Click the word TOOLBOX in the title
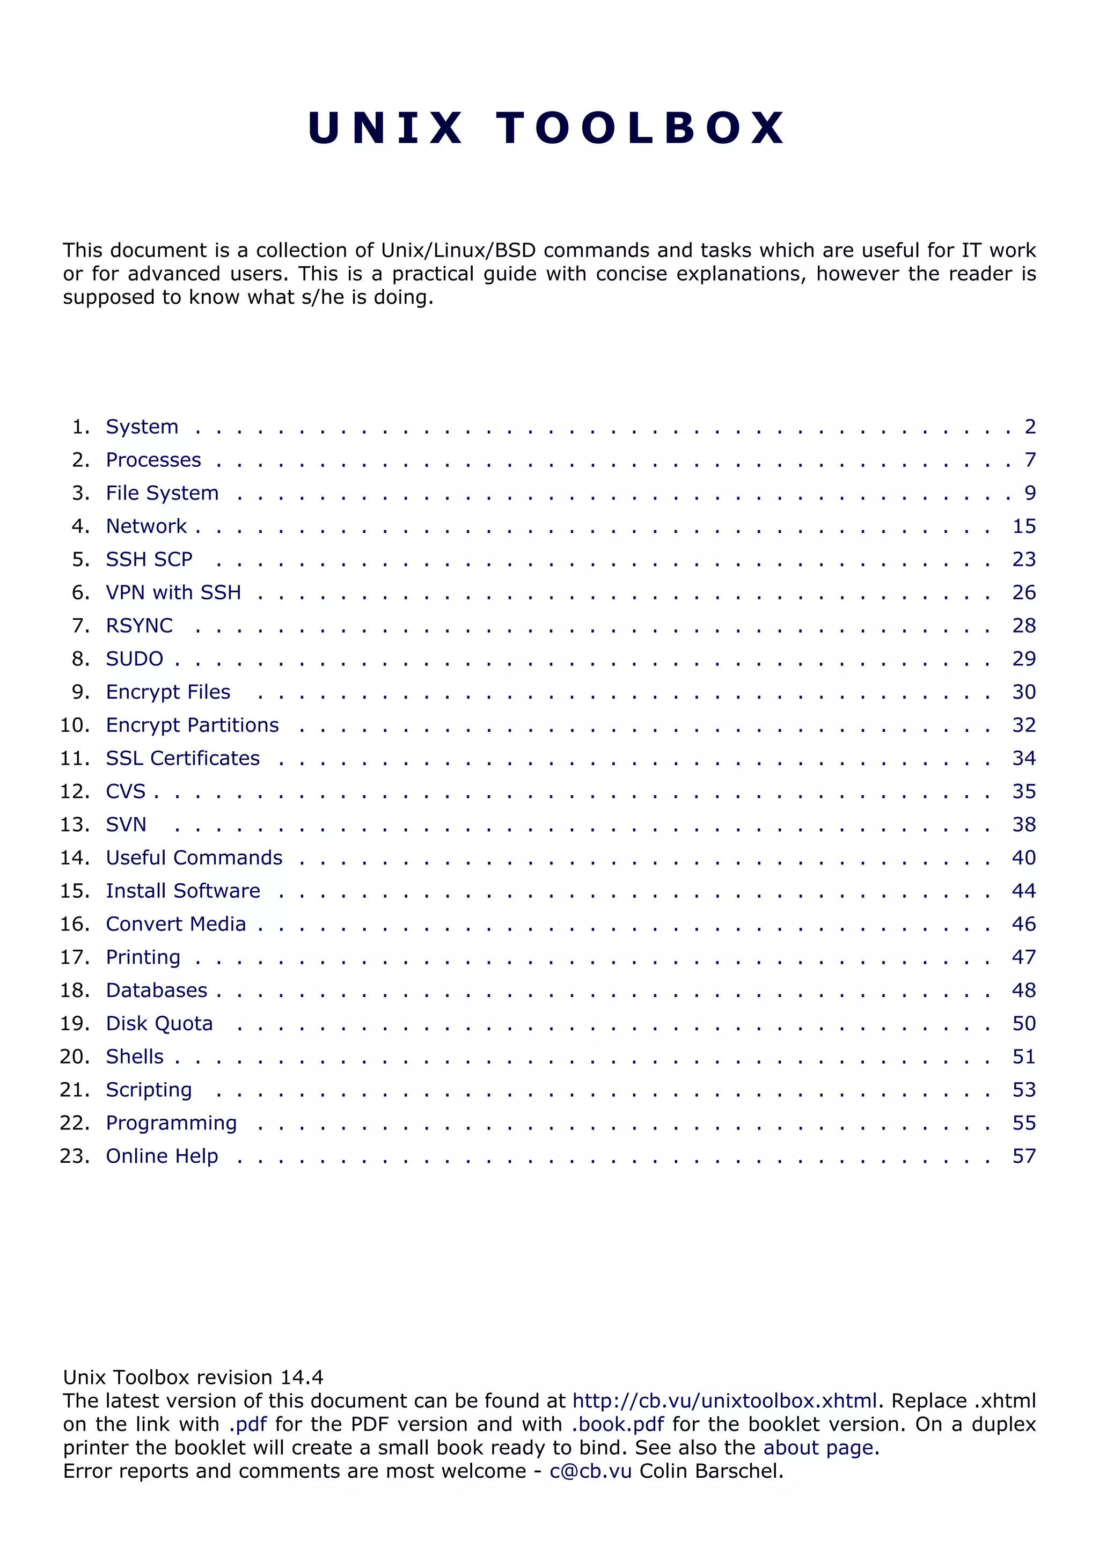tap(641, 128)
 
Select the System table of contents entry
tap(142, 427)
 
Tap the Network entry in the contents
tap(146, 526)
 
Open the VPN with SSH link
tap(173, 592)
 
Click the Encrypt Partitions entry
tap(192, 725)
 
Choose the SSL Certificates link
tap(183, 759)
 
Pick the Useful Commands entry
tap(194, 858)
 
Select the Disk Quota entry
tap(159, 1023)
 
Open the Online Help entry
tap(162, 1156)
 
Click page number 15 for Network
tap(1024, 526)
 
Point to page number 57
tap(1024, 1156)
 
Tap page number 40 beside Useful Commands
tap(1024, 858)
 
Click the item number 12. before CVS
tap(75, 792)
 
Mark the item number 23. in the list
tap(75, 1156)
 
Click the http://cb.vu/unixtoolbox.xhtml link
tap(724, 1400)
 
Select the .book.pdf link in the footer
tap(618, 1424)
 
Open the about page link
tap(818, 1447)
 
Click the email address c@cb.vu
tap(590, 1471)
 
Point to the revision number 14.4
tap(302, 1377)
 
